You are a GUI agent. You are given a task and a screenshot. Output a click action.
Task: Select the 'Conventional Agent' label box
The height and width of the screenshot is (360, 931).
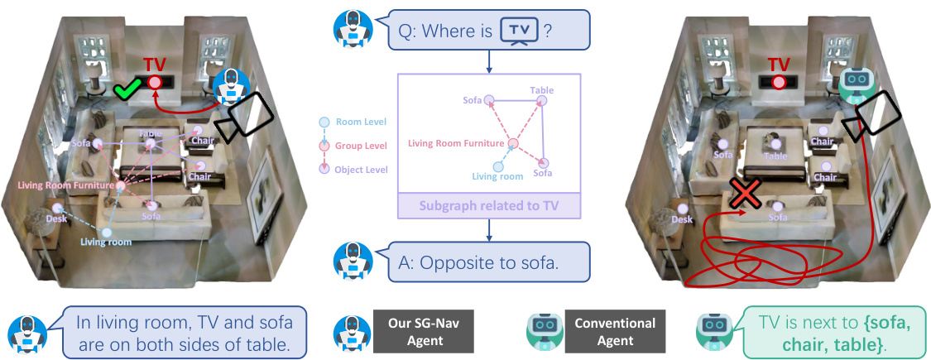point(614,332)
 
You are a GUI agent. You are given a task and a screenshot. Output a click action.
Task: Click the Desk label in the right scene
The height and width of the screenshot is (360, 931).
point(682,219)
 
